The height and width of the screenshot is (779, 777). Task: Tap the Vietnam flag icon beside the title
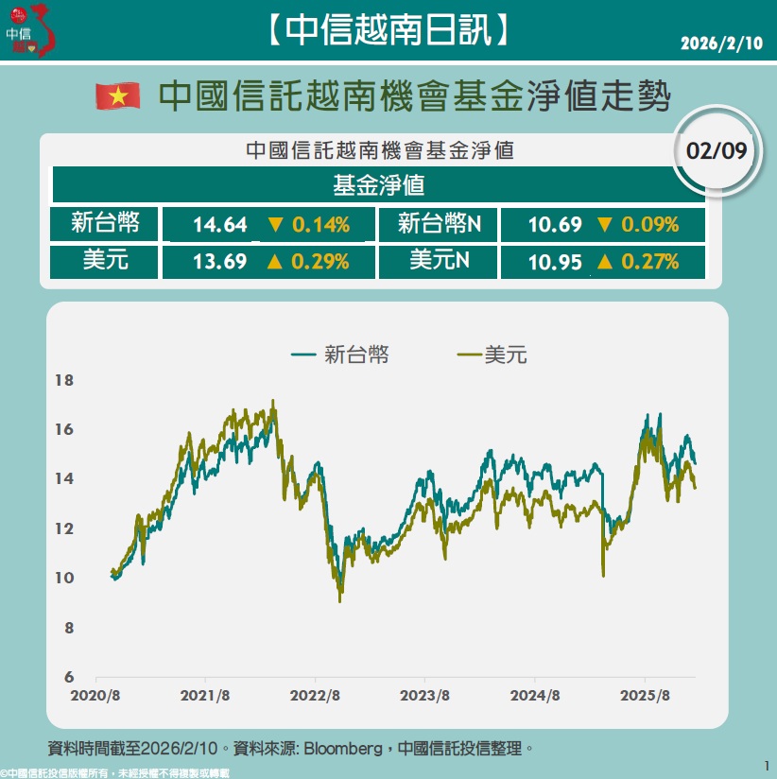[x=118, y=95]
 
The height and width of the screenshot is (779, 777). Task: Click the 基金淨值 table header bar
[x=378, y=184]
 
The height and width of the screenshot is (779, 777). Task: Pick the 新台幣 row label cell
[x=104, y=224]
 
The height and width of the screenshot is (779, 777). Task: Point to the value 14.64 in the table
[x=219, y=225]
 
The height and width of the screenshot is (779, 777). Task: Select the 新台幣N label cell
[x=439, y=224]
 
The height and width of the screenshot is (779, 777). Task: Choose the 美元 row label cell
[x=104, y=261]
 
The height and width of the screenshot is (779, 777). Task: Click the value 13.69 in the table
[x=219, y=262]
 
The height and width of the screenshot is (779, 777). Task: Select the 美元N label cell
[x=439, y=261]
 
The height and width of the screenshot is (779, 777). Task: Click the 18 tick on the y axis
[x=64, y=381]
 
